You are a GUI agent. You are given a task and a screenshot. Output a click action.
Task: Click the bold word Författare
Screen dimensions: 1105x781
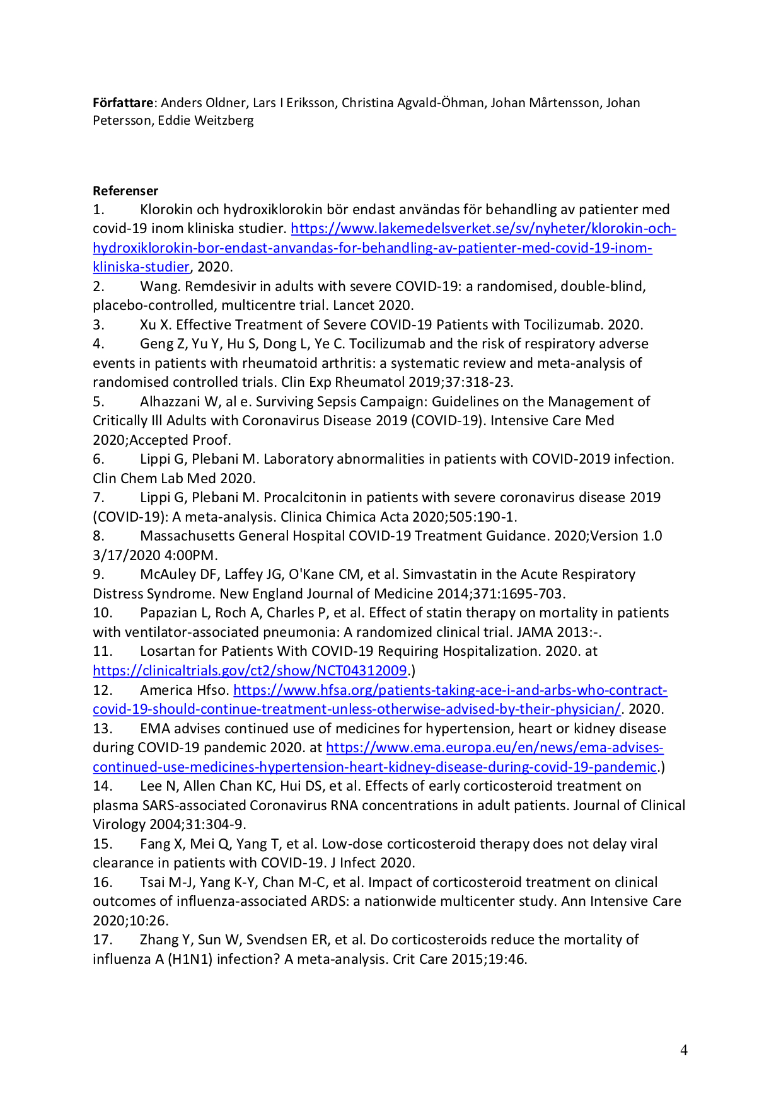point(123,103)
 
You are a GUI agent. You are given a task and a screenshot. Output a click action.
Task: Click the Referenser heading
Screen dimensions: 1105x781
point(125,191)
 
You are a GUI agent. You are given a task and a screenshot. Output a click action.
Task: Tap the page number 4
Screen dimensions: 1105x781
point(684,1050)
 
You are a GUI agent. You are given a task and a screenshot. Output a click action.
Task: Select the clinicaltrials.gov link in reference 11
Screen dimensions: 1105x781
point(250,670)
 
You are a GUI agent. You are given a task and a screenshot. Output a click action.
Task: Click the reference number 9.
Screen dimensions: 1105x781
point(98,575)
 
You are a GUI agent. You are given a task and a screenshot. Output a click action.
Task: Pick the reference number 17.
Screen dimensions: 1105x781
point(102,940)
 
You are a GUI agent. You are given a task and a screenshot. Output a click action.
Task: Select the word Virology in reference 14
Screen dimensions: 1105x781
point(119,825)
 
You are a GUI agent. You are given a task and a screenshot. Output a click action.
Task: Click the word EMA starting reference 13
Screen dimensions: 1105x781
point(154,729)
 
